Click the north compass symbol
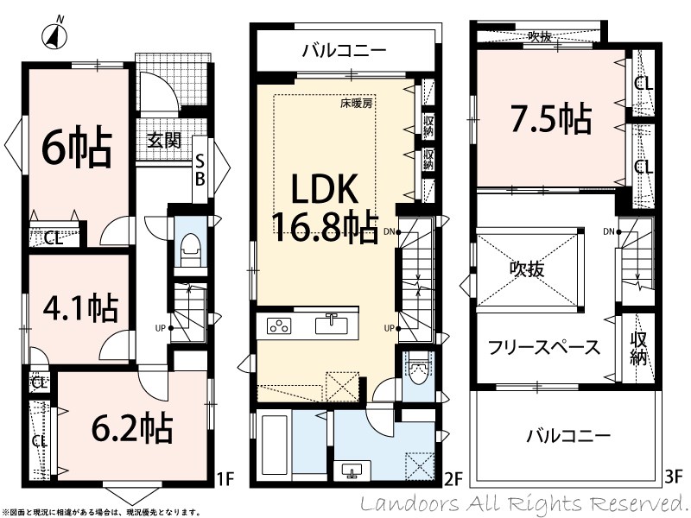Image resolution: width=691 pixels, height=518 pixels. click(54, 34)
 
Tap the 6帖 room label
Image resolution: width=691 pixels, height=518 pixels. click(76, 147)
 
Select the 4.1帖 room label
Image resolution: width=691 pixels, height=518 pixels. click(80, 307)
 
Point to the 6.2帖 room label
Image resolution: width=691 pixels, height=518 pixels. click(132, 427)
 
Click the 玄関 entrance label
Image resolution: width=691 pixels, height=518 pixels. click(164, 141)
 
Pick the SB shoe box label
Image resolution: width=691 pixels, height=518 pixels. click(200, 171)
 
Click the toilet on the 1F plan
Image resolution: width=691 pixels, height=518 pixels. click(191, 250)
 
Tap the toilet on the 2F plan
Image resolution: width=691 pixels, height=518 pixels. click(417, 371)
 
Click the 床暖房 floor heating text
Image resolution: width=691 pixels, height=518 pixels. click(356, 104)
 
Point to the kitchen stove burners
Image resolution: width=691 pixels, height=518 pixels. click(279, 326)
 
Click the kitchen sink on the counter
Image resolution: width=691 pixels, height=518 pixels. click(332, 325)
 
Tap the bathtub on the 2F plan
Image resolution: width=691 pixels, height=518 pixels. click(275, 447)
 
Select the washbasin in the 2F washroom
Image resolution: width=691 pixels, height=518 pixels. click(352, 471)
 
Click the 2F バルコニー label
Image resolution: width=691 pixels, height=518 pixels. click(344, 51)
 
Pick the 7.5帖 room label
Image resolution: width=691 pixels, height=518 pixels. click(551, 118)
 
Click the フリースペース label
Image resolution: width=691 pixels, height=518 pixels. click(544, 348)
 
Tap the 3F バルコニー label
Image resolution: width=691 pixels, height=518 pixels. click(569, 436)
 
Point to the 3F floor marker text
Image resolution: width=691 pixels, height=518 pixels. click(673, 477)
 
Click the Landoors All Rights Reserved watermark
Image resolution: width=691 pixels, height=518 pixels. click(522, 503)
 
